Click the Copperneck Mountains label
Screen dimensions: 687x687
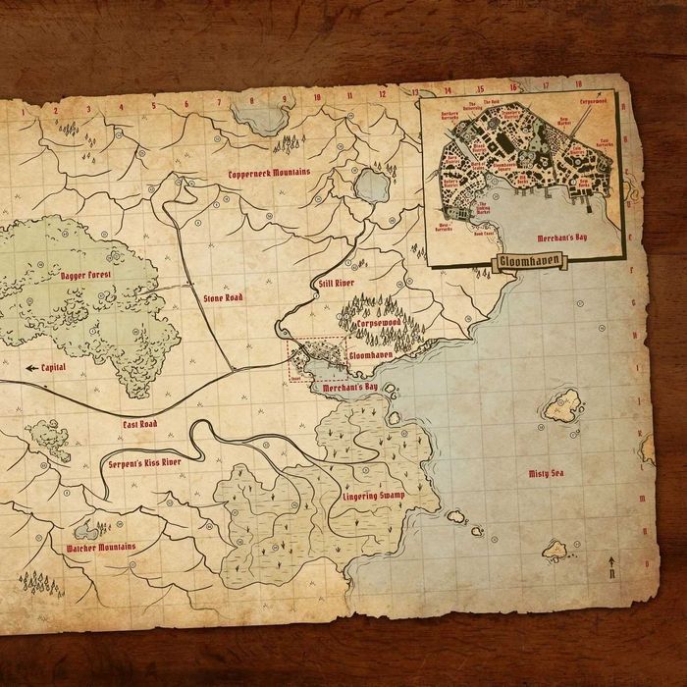(x=269, y=173)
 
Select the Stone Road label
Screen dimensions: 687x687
(x=223, y=296)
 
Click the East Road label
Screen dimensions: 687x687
(x=140, y=424)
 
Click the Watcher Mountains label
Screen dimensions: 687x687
(x=101, y=547)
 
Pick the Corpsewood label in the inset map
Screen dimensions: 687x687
(x=594, y=101)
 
